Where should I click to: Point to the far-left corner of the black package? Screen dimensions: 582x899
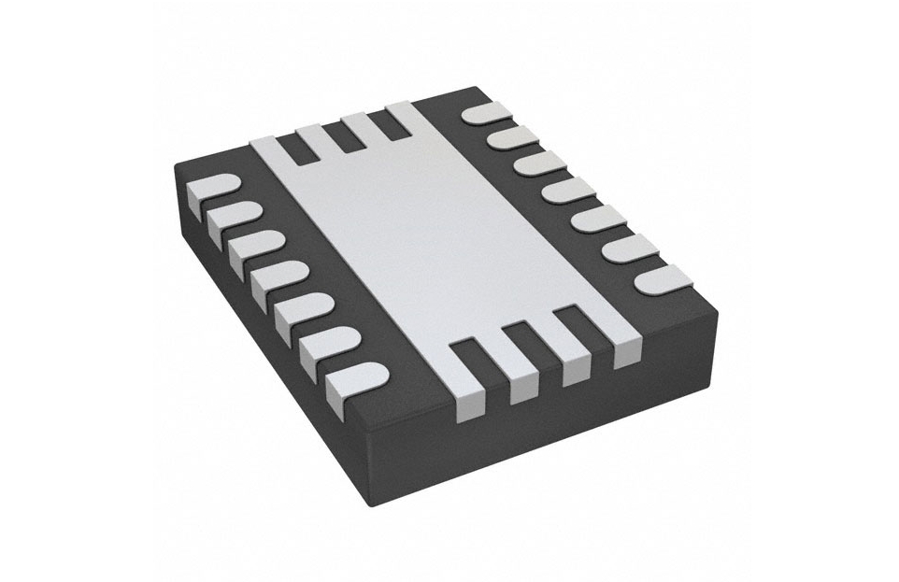click(x=177, y=168)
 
